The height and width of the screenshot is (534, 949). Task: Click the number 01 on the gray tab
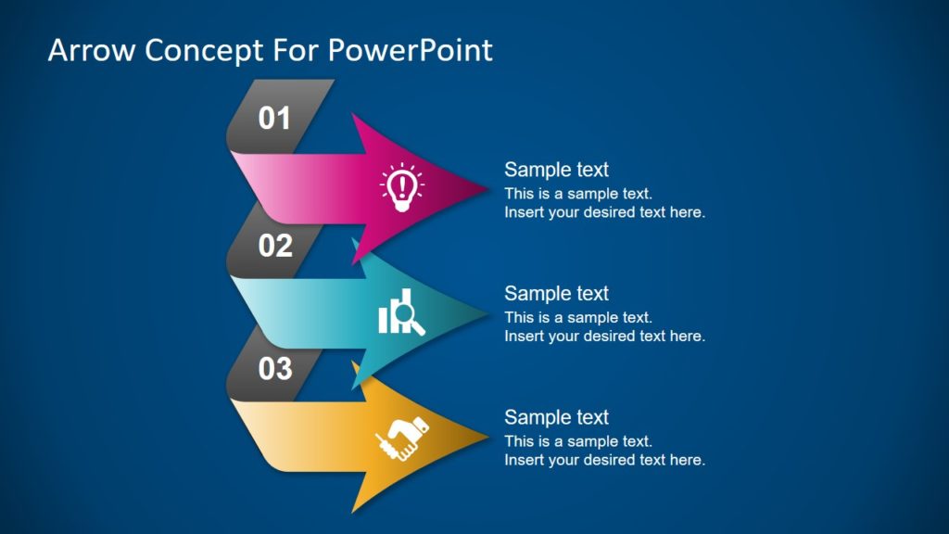pyautogui.click(x=274, y=119)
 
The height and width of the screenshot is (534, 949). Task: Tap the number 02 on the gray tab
pyautogui.click(x=275, y=246)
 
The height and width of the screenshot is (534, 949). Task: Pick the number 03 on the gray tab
pyautogui.click(x=275, y=369)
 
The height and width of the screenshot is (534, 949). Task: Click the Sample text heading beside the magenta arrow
pyautogui.click(x=556, y=170)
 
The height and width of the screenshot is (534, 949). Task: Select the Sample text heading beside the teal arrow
pyautogui.click(x=556, y=293)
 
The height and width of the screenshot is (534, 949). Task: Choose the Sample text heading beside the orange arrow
pyautogui.click(x=556, y=417)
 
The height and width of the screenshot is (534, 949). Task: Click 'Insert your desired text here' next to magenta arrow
pyautogui.click(x=604, y=212)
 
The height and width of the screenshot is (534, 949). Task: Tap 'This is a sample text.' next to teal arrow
pyautogui.click(x=578, y=317)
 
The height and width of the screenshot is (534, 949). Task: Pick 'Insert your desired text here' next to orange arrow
pyautogui.click(x=604, y=460)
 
